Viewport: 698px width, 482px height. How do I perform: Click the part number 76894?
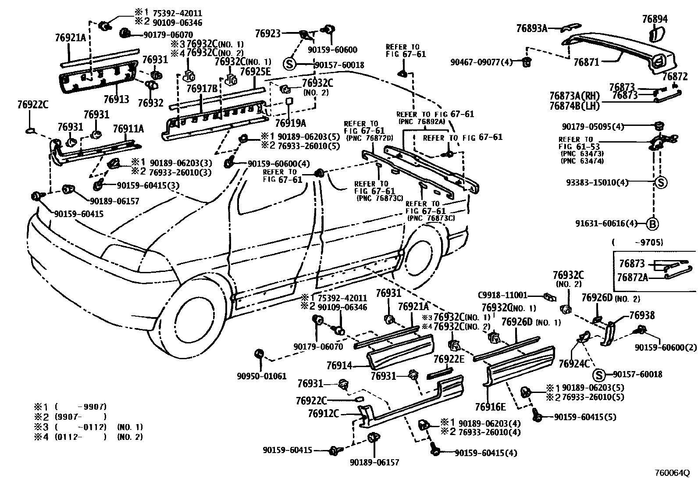(655, 19)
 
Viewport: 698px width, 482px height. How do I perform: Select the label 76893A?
(532, 29)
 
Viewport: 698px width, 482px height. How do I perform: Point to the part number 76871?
(586, 62)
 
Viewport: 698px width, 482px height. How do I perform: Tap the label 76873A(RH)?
(574, 96)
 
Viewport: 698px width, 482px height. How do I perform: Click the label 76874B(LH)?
(574, 105)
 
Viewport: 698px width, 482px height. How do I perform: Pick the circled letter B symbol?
(652, 224)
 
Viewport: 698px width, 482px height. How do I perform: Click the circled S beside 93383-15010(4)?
(661, 182)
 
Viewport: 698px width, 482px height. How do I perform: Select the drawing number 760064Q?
(672, 473)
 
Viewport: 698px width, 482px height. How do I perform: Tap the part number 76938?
(642, 315)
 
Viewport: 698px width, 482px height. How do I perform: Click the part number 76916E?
(490, 407)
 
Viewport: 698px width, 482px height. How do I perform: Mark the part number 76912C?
(323, 413)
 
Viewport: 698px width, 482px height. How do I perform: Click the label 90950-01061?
(262, 376)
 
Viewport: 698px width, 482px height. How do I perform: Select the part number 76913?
(116, 99)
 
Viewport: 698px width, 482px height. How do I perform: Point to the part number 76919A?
(290, 123)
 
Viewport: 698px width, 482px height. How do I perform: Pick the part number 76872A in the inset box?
(634, 278)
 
